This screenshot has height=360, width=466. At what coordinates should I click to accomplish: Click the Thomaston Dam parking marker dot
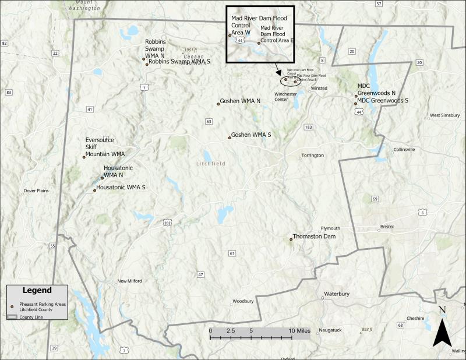(x=291, y=239)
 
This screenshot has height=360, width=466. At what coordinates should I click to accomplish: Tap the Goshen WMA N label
(x=241, y=101)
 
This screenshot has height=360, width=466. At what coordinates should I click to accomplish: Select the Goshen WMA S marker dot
(x=230, y=137)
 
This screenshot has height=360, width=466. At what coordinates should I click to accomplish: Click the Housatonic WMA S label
(x=121, y=187)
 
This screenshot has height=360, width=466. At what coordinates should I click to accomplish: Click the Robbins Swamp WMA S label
(x=179, y=61)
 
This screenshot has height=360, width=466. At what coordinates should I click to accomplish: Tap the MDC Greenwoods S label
(x=383, y=100)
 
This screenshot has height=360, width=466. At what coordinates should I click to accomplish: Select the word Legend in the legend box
(x=37, y=290)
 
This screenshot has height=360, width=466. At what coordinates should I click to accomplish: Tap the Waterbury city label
(x=337, y=294)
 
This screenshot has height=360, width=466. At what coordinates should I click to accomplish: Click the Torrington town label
(x=312, y=156)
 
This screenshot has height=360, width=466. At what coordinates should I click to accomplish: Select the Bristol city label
(x=387, y=226)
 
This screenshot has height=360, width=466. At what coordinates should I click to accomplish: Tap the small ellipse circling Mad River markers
(x=292, y=80)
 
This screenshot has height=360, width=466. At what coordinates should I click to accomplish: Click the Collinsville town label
(x=404, y=150)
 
